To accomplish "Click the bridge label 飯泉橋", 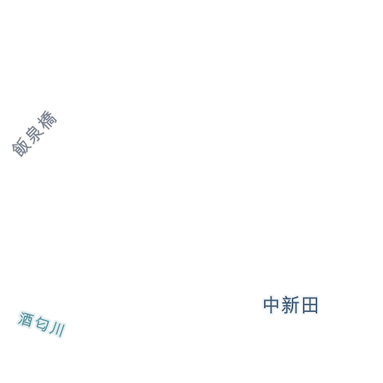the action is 34,134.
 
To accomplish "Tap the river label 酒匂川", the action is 42,324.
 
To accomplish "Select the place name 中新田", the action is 291,305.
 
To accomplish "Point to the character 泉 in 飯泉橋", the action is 34,134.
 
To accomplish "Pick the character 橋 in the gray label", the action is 47,120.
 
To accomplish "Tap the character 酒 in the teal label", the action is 25,319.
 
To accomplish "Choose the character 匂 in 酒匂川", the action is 42,324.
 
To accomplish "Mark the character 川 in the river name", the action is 58,329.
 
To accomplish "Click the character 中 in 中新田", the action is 272,305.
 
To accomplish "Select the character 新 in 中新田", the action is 290,305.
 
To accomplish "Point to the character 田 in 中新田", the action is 310,305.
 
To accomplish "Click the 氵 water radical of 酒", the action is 21,318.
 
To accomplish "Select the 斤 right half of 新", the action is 295,305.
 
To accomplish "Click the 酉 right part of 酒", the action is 28,320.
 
